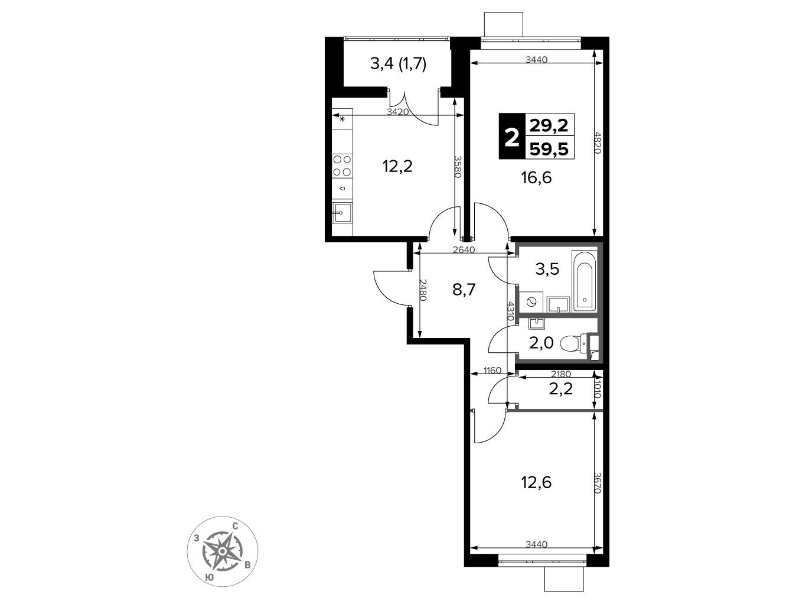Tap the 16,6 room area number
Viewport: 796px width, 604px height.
click(x=536, y=178)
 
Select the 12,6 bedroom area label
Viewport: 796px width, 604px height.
click(x=536, y=483)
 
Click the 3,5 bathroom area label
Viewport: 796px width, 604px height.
click(x=547, y=269)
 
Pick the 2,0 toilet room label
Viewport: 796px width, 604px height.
click(x=541, y=343)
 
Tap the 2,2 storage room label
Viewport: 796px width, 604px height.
click(x=561, y=389)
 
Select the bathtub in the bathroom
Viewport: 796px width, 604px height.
click(x=584, y=281)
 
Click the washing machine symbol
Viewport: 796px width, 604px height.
click(x=531, y=301)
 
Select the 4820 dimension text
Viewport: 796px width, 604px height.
click(x=598, y=142)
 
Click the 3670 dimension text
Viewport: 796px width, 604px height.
click(x=598, y=482)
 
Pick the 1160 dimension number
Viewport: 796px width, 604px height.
click(x=492, y=371)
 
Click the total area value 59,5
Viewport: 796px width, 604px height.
click(x=549, y=148)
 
